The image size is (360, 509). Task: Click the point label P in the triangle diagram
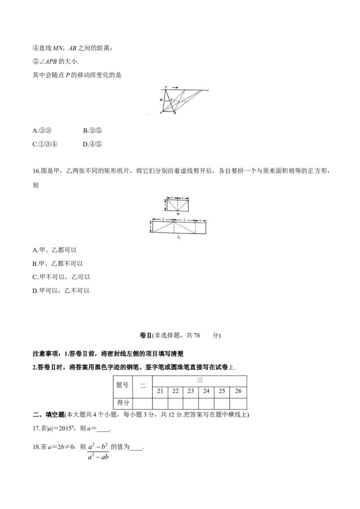(166, 87)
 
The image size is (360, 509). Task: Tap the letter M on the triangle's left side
(161, 100)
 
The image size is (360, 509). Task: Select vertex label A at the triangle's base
(161, 113)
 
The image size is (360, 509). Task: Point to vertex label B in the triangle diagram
(175, 113)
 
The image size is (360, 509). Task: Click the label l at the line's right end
(208, 90)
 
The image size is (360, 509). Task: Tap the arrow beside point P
(175, 87)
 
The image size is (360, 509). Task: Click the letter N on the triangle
(171, 99)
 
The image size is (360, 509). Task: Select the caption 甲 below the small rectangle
(177, 214)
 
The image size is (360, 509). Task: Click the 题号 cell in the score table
(122, 385)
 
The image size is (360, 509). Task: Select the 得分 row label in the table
(122, 403)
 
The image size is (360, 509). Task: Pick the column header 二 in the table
(143, 385)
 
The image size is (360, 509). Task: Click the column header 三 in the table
(200, 380)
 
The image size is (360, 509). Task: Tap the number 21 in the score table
(160, 391)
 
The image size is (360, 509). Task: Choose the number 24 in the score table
(206, 391)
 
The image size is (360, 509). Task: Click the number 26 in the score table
(238, 391)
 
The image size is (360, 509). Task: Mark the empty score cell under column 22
(175, 403)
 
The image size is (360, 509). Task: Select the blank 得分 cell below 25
(222, 403)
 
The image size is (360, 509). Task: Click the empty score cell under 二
(143, 403)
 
